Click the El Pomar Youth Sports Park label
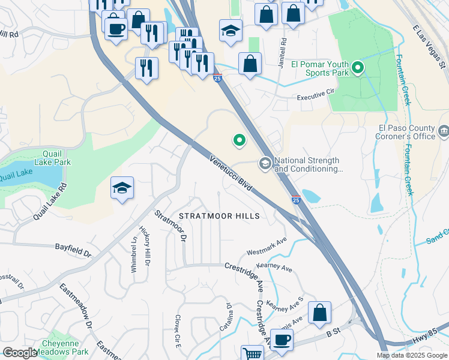(319, 68)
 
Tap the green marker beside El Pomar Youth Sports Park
(358, 68)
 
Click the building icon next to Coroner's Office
(444, 131)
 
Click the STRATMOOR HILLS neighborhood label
(218, 215)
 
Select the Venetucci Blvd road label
(231, 173)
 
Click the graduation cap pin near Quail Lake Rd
(122, 188)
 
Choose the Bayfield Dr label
(73, 249)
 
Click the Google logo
(20, 353)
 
